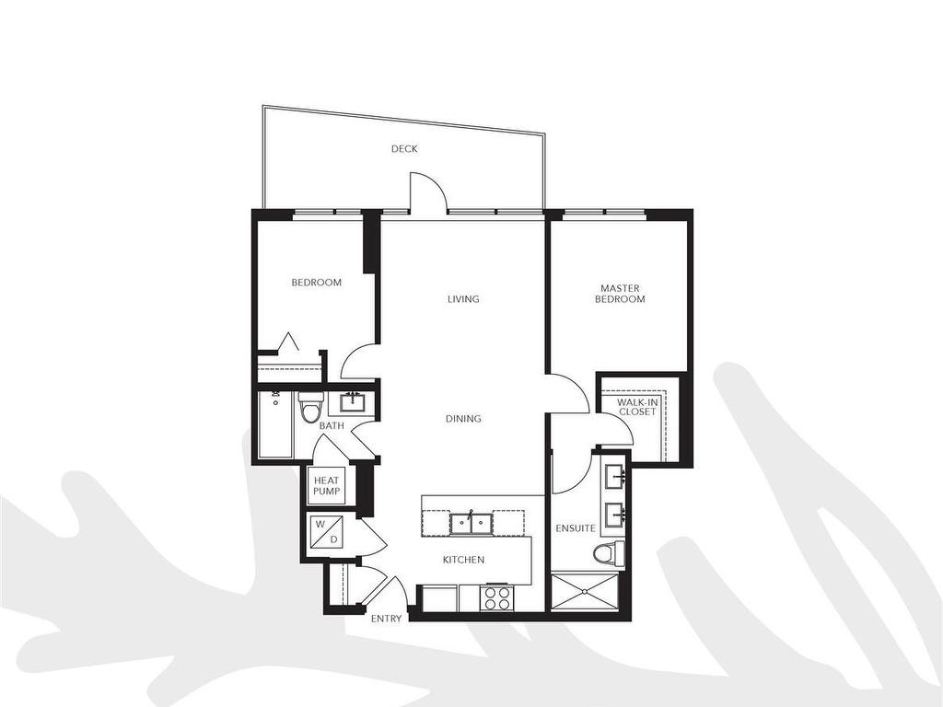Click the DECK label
[404, 149]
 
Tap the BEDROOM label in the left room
[316, 283]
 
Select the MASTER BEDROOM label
[620, 294]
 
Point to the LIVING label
[463, 299]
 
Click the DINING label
[463, 419]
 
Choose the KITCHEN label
[463, 560]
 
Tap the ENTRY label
[386, 619]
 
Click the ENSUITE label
[576, 528]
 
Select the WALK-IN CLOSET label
[636, 407]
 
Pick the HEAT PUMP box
[327, 486]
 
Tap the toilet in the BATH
[311, 407]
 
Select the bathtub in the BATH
[275, 425]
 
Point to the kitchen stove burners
[498, 597]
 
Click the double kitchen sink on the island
[472, 523]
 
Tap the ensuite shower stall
[585, 591]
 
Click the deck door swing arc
[428, 196]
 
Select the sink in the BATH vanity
[352, 402]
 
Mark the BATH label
[332, 426]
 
